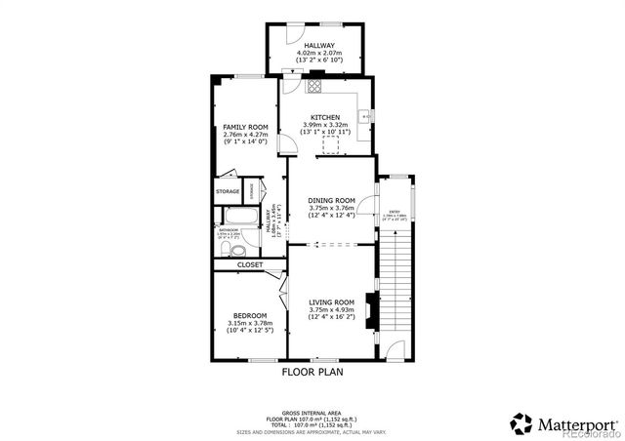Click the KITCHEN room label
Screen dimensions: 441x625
tap(326, 117)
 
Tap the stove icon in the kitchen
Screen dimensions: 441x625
tap(315, 86)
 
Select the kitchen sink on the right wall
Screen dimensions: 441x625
tap(365, 117)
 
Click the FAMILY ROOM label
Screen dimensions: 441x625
tap(245, 128)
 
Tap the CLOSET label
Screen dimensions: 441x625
tap(250, 264)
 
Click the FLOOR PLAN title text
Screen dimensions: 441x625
tap(312, 372)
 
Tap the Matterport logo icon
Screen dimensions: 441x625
tap(522, 423)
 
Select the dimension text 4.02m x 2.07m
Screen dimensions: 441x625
tap(315, 53)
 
